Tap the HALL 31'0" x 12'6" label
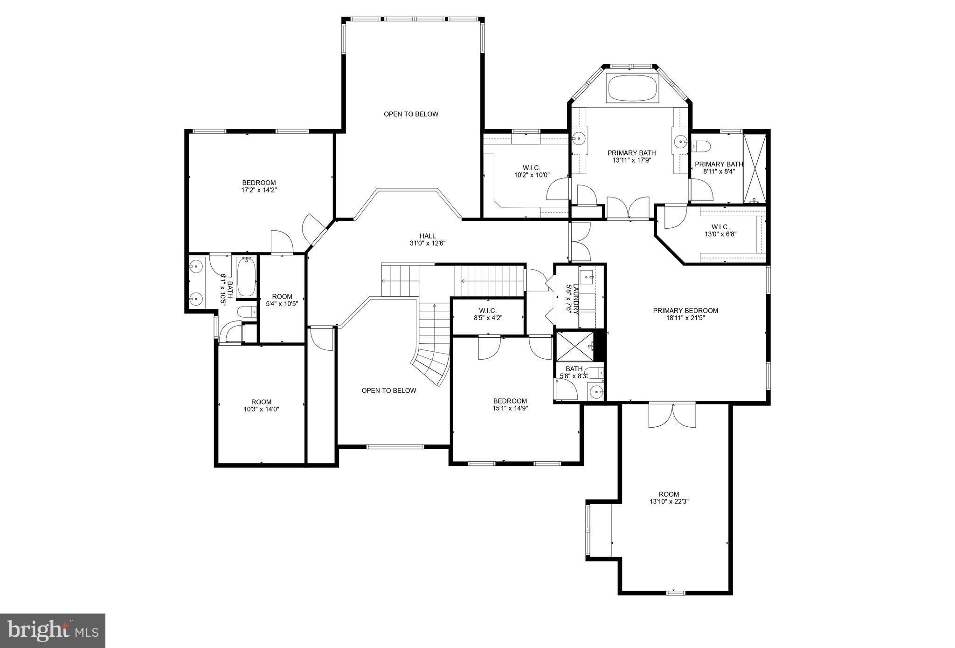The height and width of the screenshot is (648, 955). (427, 239)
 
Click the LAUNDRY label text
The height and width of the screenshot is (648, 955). (576, 299)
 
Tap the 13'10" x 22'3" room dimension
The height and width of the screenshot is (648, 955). (669, 502)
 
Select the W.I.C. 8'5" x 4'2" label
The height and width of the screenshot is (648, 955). (488, 314)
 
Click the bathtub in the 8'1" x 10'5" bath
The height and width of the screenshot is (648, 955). (246, 277)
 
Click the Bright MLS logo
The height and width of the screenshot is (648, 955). (53, 631)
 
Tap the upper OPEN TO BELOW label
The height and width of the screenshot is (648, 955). (411, 114)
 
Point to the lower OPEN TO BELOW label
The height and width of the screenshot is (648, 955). (388, 390)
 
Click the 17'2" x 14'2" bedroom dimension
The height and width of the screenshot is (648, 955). (259, 190)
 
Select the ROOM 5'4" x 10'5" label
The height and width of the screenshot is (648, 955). (282, 300)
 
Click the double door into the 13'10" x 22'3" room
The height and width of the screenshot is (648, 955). (672, 415)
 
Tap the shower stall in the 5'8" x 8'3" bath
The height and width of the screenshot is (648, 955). (575, 346)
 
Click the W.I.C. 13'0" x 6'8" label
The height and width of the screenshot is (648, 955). (720, 231)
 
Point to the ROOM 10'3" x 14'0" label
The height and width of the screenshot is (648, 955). (261, 405)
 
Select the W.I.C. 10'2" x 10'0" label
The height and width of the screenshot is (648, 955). (531, 171)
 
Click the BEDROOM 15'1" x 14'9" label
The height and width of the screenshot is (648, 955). (510, 404)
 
